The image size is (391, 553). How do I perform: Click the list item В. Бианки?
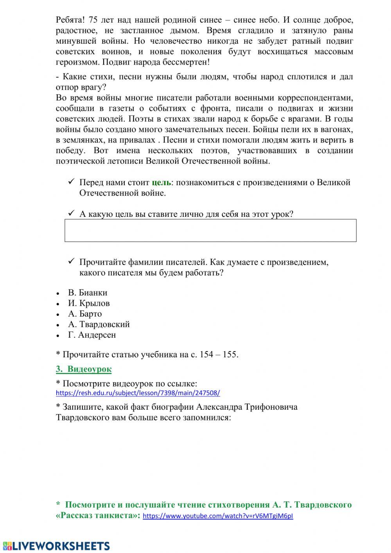tap(87, 293)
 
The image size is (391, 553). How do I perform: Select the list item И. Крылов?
tap(89, 303)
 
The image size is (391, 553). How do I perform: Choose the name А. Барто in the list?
tap(85, 314)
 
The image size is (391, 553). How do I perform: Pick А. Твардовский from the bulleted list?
tap(99, 324)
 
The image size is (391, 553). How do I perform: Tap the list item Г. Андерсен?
tap(92, 335)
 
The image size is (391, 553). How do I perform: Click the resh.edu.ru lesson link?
tap(138, 393)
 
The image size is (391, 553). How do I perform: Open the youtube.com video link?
tap(218, 516)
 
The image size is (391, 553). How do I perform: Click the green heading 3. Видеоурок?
tap(84, 369)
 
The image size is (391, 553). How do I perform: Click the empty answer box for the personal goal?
tap(210, 231)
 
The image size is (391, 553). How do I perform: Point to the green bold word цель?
tap(161, 182)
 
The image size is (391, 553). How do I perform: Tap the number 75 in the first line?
tap(93, 20)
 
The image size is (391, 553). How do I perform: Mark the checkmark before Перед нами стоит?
tap(71, 182)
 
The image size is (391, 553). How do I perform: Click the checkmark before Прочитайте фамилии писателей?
tap(71, 262)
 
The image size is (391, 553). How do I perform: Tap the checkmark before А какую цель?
tap(71, 214)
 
